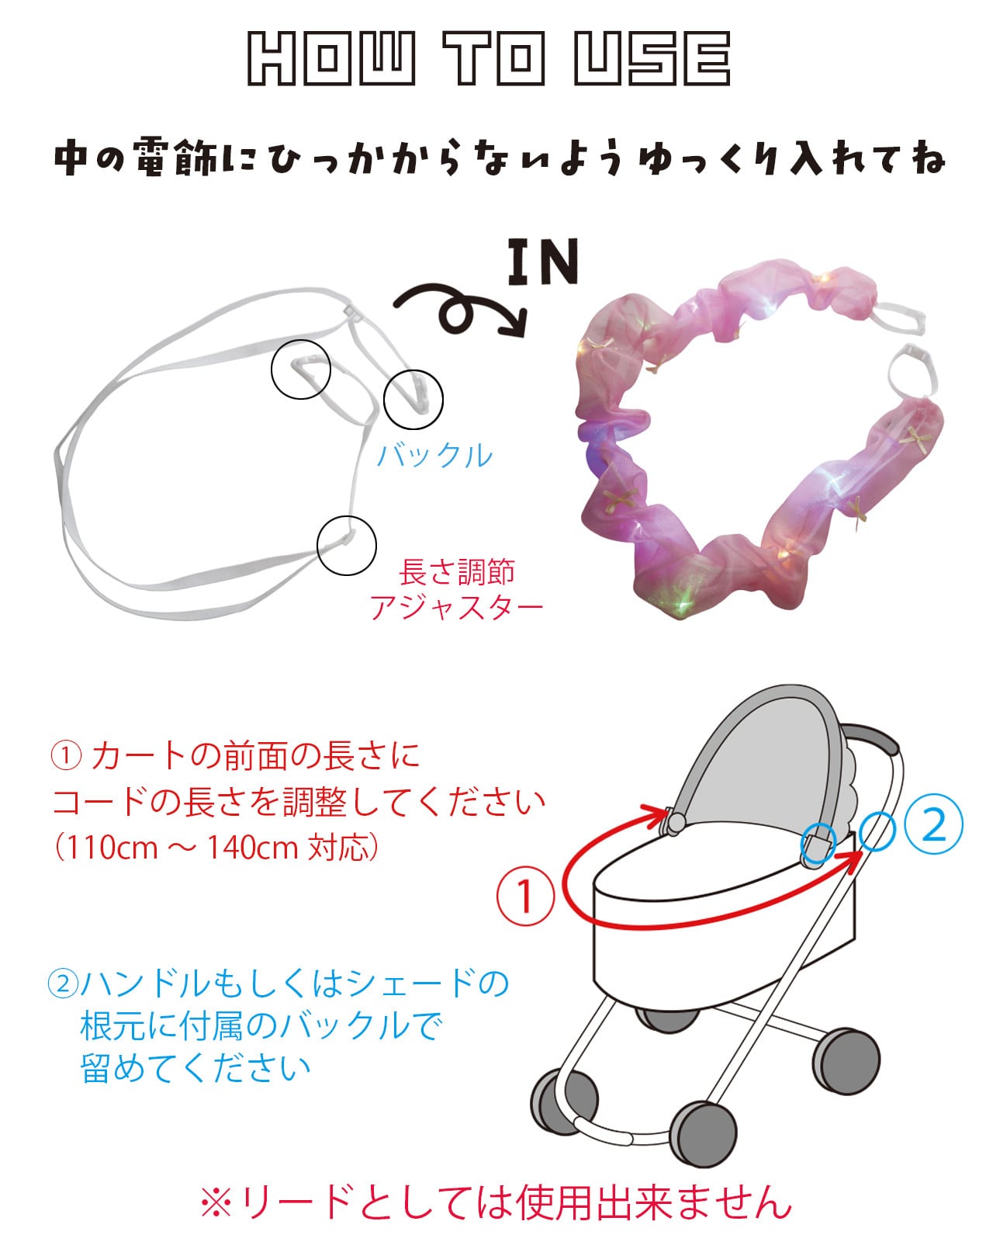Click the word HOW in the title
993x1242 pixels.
[x=330, y=58]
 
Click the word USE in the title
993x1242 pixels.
[x=652, y=58]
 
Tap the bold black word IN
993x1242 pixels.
[x=543, y=262]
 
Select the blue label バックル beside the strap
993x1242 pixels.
[x=434, y=456]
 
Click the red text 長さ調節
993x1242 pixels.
[x=456, y=572]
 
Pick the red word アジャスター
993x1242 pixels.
[x=456, y=608]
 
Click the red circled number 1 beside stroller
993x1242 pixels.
[x=525, y=897]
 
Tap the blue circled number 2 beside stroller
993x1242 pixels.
[x=933, y=825]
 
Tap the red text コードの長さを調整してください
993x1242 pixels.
[x=299, y=802]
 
